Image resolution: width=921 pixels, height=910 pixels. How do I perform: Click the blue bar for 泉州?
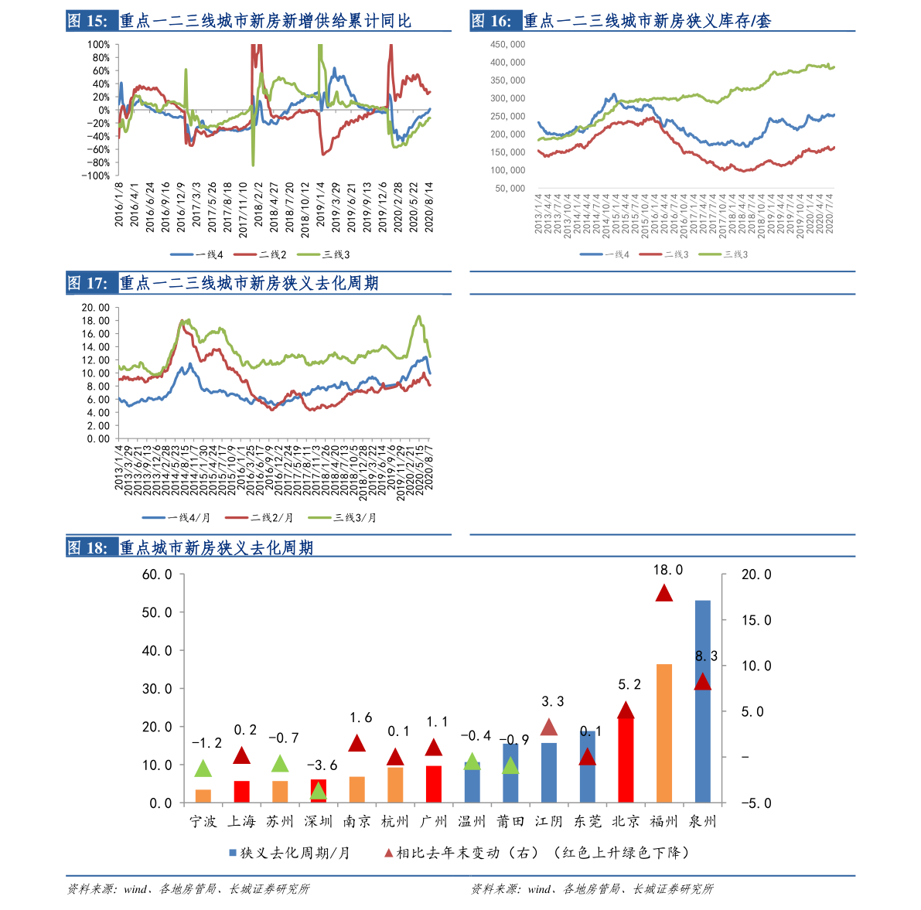[x=702, y=701]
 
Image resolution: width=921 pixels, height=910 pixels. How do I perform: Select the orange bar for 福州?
[x=663, y=733]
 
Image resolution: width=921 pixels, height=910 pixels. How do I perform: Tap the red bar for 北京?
[x=626, y=758]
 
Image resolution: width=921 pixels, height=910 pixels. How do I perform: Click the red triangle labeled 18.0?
[x=664, y=593]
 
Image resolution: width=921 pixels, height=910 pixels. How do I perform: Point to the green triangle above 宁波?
[x=203, y=769]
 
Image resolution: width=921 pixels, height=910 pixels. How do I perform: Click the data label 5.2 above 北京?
[x=629, y=684]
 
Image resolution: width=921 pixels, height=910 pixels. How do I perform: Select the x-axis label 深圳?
[x=318, y=821]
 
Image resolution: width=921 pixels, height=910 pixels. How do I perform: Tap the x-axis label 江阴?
[x=548, y=821]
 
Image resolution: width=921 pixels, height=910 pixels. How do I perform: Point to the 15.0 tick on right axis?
[x=756, y=620]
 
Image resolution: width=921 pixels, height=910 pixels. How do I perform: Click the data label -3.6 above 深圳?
[x=322, y=765]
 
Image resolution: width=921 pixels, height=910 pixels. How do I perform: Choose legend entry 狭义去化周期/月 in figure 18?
[x=289, y=853]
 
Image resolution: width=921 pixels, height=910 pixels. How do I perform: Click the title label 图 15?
[x=87, y=21]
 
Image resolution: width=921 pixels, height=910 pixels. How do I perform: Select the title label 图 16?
[x=491, y=21]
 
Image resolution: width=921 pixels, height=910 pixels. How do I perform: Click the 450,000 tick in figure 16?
[x=507, y=45]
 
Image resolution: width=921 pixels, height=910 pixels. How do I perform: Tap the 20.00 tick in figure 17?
[x=96, y=308]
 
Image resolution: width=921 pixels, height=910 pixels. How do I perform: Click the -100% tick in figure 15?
[x=96, y=176]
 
